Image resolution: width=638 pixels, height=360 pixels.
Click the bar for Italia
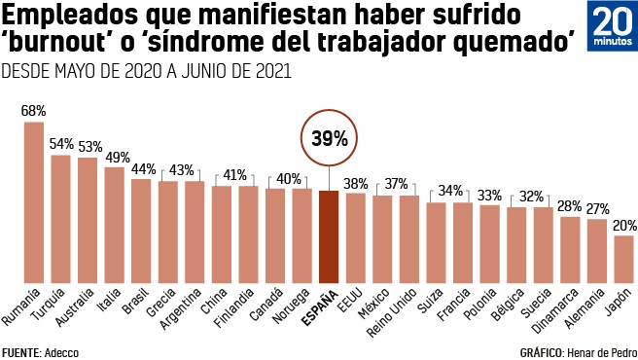[115, 224]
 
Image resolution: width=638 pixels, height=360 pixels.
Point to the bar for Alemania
[596, 250]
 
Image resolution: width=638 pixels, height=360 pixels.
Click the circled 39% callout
[329, 139]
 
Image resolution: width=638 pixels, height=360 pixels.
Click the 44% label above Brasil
[142, 168]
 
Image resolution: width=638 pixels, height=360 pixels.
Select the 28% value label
[570, 206]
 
